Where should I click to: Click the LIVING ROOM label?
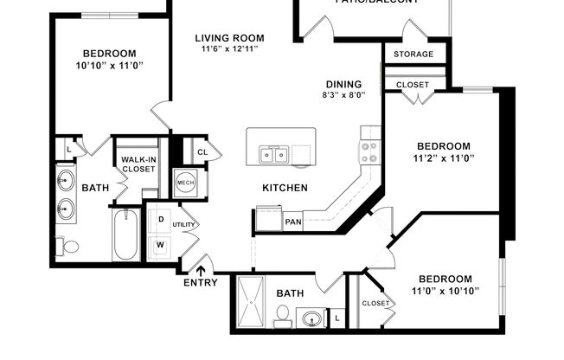click(229, 38)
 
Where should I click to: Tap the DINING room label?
click(344, 84)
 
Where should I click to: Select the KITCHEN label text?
click(285, 188)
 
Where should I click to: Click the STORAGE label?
click(413, 55)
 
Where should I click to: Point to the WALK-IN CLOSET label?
click(138, 164)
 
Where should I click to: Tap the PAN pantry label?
click(293, 222)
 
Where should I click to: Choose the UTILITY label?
click(184, 224)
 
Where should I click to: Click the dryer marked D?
click(161, 219)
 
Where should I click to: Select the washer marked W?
click(161, 244)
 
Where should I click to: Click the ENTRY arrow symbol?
click(201, 269)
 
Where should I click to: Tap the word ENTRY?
click(201, 284)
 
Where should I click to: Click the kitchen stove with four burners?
click(370, 152)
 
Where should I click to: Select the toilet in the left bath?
click(67, 247)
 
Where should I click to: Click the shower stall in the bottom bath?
click(253, 303)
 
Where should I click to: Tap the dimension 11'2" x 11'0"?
click(443, 158)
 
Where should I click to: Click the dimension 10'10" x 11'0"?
click(109, 64)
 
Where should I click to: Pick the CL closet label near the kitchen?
click(202, 152)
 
